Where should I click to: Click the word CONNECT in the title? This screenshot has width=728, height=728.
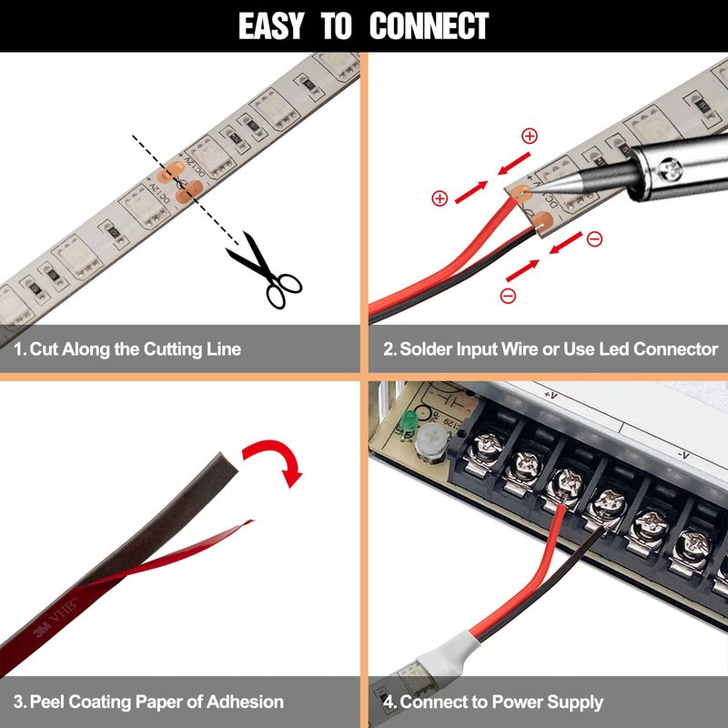(429, 25)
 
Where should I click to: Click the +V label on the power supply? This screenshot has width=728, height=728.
(551, 396)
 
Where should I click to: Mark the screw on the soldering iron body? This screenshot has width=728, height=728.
(672, 169)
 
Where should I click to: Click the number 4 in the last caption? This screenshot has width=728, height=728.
(389, 702)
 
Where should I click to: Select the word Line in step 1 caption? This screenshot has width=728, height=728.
(224, 349)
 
